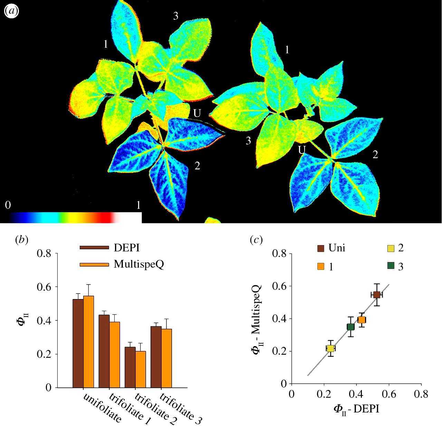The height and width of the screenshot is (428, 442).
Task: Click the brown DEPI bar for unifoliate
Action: click(78, 342)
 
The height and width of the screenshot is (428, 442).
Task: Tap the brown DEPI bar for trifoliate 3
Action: click(156, 356)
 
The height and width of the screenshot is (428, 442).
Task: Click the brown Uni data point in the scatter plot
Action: click(377, 295)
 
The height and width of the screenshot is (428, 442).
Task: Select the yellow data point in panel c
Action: click(330, 348)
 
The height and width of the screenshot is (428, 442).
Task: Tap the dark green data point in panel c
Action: click(350, 327)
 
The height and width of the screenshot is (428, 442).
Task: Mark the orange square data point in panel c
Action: click(362, 320)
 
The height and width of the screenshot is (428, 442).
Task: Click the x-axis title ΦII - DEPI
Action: click(356, 409)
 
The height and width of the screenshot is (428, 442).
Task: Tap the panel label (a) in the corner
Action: click(11, 11)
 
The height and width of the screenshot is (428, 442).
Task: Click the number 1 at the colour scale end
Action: click(138, 205)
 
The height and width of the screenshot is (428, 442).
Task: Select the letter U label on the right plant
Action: click(302, 150)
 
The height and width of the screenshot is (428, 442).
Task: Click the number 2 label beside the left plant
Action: click(197, 166)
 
